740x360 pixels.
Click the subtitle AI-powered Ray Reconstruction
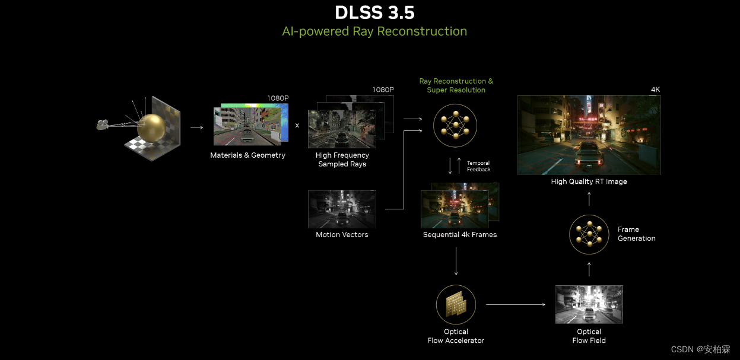click(x=374, y=31)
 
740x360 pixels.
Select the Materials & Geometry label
click(x=247, y=155)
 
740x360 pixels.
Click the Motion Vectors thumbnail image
click(x=342, y=209)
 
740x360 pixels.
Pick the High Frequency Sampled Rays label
click(x=342, y=160)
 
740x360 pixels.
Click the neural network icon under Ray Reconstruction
click(x=455, y=124)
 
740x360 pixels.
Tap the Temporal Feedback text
click(x=478, y=166)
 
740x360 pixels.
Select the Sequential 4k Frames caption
click(x=460, y=235)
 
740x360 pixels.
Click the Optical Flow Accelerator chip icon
click(x=456, y=304)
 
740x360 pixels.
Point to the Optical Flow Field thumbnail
click(x=589, y=304)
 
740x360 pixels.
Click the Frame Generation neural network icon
click(x=589, y=234)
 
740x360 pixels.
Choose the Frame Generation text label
click(x=636, y=234)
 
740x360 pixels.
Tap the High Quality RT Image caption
click(x=589, y=182)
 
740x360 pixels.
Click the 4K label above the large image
click(x=655, y=90)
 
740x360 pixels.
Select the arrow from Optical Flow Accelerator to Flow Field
click(x=515, y=304)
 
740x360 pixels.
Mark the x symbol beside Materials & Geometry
click(x=297, y=126)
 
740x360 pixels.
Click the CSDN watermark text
click(x=700, y=349)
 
